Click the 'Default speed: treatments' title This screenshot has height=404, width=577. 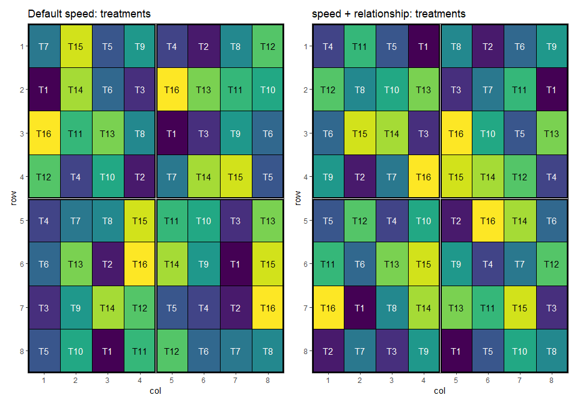click(89, 14)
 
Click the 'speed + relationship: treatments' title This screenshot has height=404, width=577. click(389, 14)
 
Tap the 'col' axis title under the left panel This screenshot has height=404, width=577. click(155, 391)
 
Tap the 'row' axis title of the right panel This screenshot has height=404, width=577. click(298, 198)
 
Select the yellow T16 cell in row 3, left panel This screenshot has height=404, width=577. click(44, 133)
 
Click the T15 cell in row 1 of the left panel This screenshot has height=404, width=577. click(76, 46)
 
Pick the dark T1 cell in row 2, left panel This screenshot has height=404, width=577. click(44, 90)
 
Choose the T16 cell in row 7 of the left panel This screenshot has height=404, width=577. click(267, 308)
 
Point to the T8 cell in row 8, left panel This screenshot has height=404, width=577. click(267, 351)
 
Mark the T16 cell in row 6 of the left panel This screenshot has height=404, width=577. click(139, 264)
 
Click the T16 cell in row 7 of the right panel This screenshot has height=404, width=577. click(328, 308)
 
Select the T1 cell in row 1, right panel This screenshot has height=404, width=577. click(424, 46)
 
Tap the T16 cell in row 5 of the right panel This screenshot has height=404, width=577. click(487, 221)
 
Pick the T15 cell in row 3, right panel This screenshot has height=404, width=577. click(360, 133)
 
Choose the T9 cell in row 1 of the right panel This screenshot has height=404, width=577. click(552, 46)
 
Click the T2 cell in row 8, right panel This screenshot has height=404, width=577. click(328, 351)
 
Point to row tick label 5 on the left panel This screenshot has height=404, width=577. click(22, 221)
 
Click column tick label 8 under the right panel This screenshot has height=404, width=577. click(552, 381)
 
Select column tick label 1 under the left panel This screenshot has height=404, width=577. click(44, 381)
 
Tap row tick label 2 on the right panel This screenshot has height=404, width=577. click(306, 90)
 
